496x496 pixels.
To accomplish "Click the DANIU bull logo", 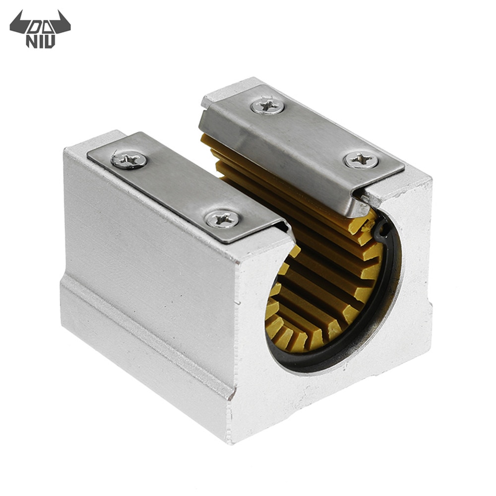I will (40, 28).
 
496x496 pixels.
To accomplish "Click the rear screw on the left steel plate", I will (129, 160).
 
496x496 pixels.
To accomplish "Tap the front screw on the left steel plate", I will (222, 219).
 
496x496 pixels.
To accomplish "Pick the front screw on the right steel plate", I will (361, 160).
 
